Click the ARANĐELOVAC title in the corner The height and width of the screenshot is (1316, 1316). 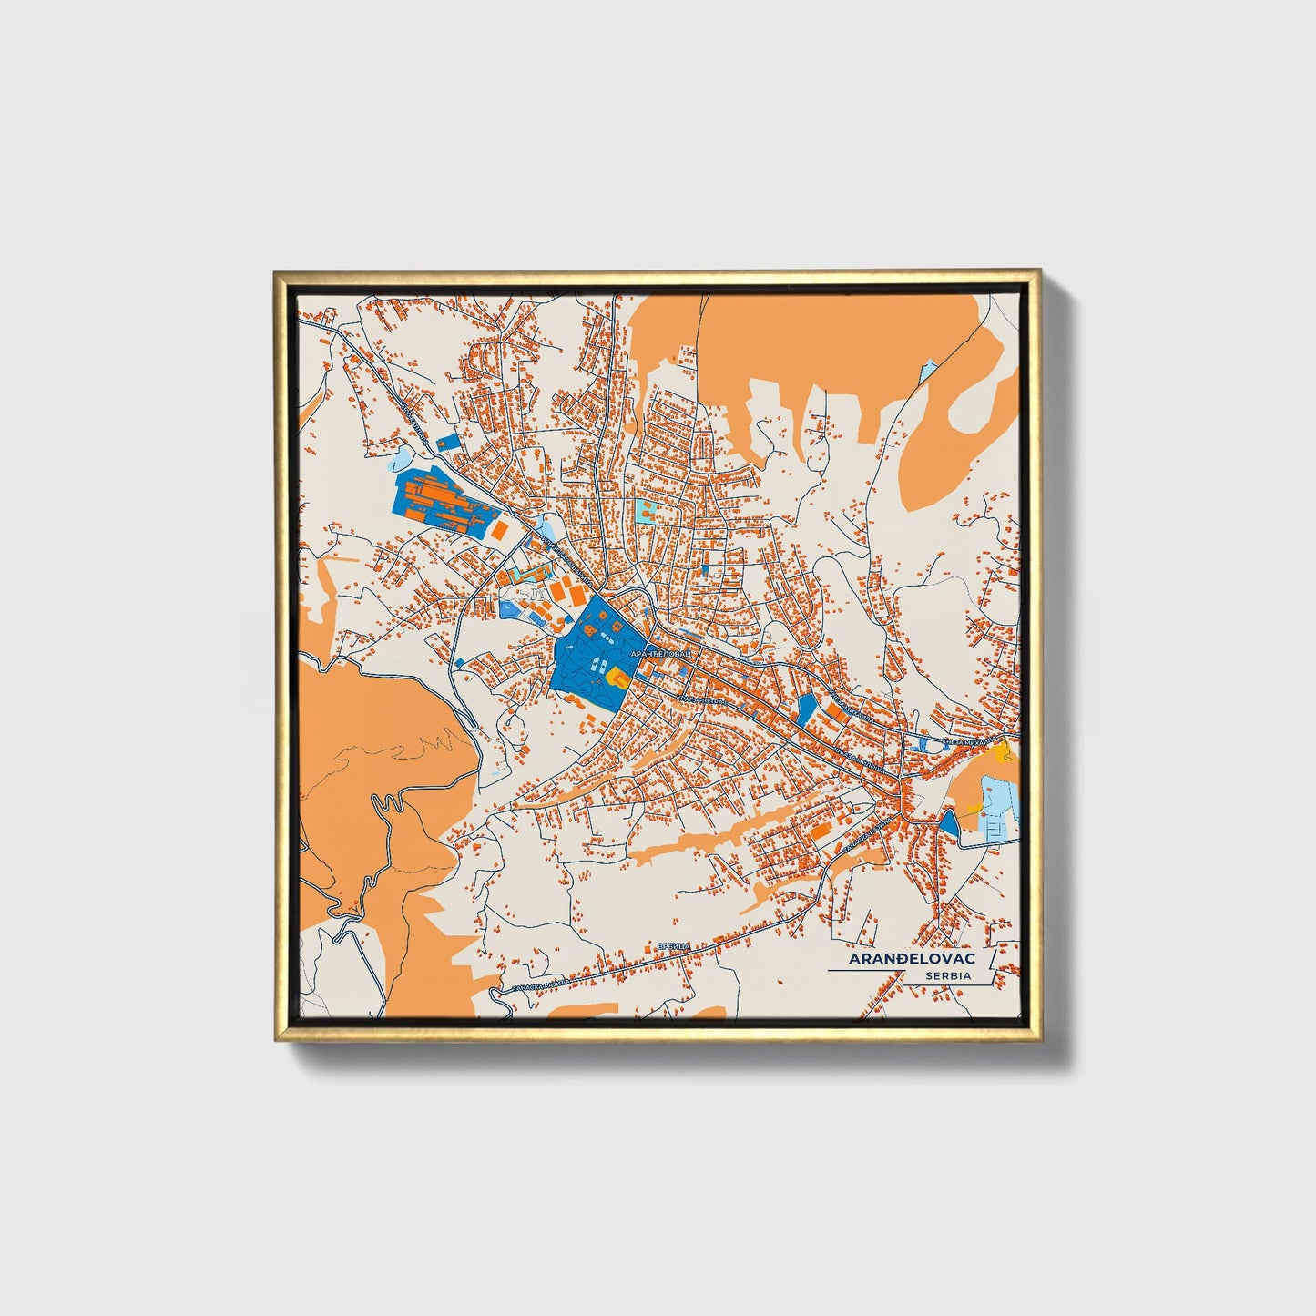tap(912, 959)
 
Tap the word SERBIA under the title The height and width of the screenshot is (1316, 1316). tap(948, 976)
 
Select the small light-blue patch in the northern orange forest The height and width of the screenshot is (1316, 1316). tap(927, 371)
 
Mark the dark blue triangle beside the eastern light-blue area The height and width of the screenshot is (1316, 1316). tap(949, 824)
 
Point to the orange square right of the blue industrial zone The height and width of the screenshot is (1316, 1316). tap(500, 529)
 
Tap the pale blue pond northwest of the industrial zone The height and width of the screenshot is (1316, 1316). tap(401, 458)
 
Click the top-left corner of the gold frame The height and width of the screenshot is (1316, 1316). tap(275, 272)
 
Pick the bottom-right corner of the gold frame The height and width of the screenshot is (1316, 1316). tap(1038, 1039)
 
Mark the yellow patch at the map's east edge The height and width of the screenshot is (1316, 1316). tap(1003, 751)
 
